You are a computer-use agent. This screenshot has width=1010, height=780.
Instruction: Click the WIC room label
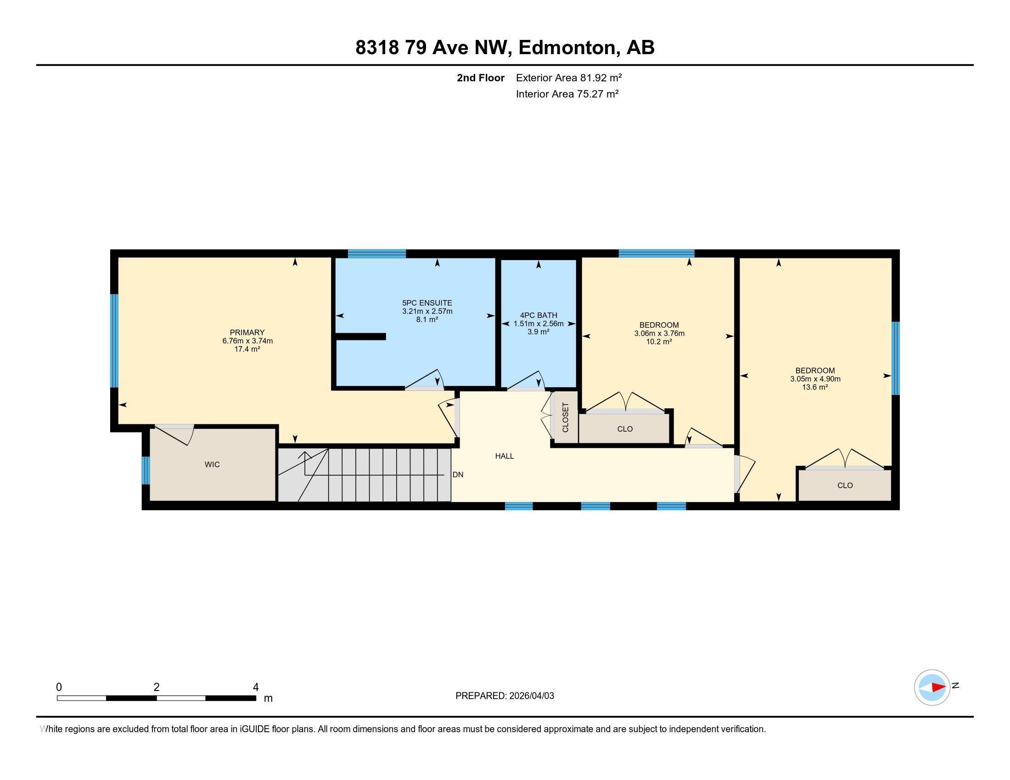pos(212,464)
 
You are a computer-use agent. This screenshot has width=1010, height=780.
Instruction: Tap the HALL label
pos(505,456)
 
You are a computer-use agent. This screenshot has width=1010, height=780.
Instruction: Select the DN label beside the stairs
pos(458,474)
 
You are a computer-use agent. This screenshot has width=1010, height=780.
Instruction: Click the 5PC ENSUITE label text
pos(427,303)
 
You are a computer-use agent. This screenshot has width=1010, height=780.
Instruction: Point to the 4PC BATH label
pos(539,315)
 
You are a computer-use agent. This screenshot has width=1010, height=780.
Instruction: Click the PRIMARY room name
pos(247,332)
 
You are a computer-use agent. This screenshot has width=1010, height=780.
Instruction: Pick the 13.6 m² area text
pos(815,387)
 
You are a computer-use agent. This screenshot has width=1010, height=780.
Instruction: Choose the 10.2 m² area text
pos(658,342)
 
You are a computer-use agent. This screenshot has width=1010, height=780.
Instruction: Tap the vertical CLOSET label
pos(565,417)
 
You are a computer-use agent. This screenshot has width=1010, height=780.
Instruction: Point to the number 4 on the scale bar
pos(256,687)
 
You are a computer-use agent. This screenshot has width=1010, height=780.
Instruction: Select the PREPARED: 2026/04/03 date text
pos(505,696)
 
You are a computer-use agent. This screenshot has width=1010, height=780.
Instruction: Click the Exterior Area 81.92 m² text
pos(569,78)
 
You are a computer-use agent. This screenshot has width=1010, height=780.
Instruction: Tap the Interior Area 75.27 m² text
pos(567,94)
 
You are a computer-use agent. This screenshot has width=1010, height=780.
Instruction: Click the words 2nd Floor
pos(481,78)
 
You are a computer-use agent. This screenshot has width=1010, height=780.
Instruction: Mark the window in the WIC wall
pos(146,470)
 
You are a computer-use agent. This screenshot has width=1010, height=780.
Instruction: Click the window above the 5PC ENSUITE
pos(377,253)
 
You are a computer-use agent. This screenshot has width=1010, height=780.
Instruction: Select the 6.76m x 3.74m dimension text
pos(247,341)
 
